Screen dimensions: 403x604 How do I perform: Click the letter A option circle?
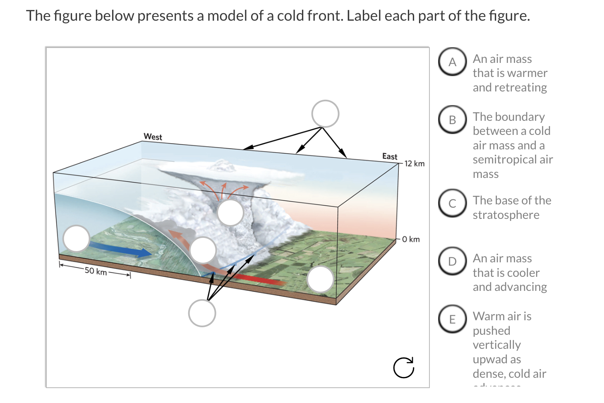(x=453, y=62)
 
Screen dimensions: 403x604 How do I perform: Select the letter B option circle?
(x=453, y=120)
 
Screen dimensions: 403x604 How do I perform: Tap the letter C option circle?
(x=453, y=203)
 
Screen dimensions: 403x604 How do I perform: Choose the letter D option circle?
(x=453, y=261)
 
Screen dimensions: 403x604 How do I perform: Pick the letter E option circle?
(x=453, y=319)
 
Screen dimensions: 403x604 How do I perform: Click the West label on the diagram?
(x=153, y=137)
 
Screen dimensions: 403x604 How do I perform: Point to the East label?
(x=389, y=156)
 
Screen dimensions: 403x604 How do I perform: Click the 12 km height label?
(x=415, y=163)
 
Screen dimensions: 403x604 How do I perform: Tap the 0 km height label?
(x=411, y=239)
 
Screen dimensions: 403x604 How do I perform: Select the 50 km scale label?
(x=96, y=271)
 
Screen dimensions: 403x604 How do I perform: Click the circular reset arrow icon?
(x=404, y=367)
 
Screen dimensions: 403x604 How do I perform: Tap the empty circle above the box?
(x=326, y=114)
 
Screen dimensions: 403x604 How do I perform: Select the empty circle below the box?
(x=202, y=313)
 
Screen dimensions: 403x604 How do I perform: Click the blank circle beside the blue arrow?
(x=77, y=239)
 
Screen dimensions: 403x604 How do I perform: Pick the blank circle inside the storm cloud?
(x=230, y=212)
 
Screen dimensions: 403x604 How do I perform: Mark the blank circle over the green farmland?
(x=321, y=279)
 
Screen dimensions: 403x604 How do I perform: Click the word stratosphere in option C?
(x=506, y=215)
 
